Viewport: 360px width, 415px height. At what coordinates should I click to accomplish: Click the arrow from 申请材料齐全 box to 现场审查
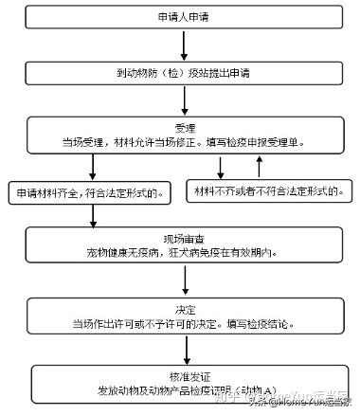pyautogui.click(x=93, y=217)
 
